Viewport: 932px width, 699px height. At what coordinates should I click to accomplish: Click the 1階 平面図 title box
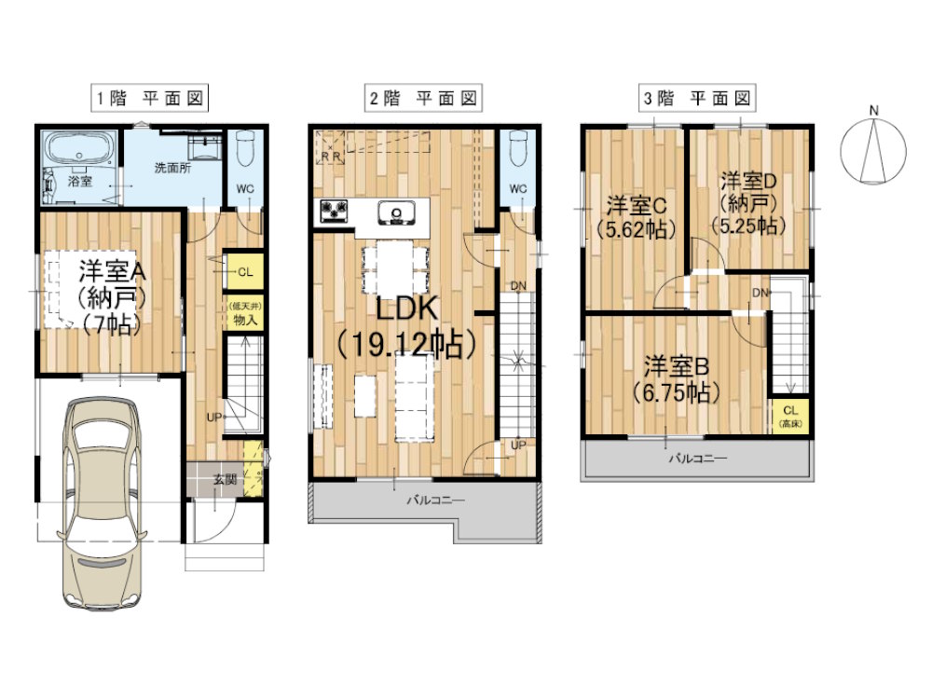click(x=150, y=98)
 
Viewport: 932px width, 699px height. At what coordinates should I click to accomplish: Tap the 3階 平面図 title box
click(x=697, y=98)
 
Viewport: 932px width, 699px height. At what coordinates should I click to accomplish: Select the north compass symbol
click(x=873, y=147)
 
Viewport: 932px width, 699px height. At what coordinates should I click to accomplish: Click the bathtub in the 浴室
click(x=79, y=148)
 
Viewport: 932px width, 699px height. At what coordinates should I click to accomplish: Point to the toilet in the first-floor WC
click(x=244, y=148)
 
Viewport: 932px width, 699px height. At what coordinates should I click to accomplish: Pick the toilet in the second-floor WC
click(x=517, y=148)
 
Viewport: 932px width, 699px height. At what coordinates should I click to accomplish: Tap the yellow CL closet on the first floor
click(x=243, y=272)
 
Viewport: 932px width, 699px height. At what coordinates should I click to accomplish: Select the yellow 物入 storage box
click(x=243, y=312)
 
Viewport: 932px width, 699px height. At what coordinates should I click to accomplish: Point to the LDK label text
click(x=408, y=308)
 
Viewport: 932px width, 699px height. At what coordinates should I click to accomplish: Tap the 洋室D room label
click(x=749, y=180)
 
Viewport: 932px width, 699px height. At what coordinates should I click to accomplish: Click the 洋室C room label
click(x=636, y=206)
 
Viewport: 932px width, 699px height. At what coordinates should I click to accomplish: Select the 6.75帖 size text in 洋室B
click(x=677, y=392)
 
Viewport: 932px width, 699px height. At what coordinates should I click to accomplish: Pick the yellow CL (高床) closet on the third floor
click(x=790, y=416)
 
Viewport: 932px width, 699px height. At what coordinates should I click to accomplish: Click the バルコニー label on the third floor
click(x=698, y=459)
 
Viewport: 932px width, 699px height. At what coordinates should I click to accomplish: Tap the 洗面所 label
click(x=173, y=168)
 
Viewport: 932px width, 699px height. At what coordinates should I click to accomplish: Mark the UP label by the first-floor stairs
click(x=214, y=418)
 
